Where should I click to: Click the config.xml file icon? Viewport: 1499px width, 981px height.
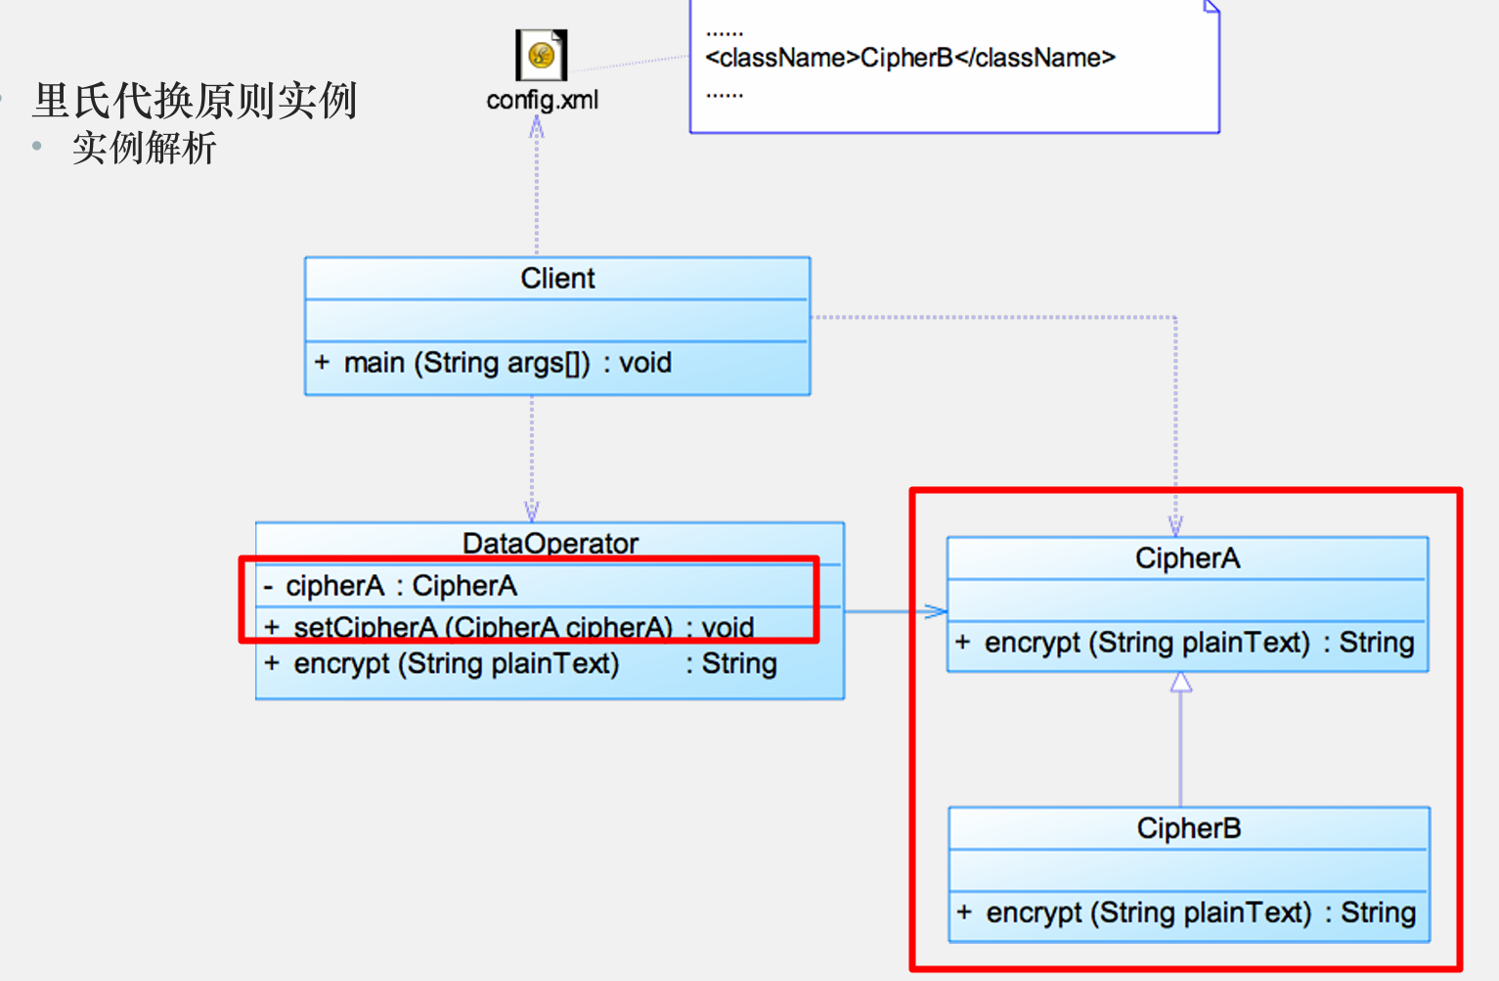pos(541,55)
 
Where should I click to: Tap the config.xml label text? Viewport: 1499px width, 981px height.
pos(542,100)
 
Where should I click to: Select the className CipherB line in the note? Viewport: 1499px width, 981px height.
pos(909,58)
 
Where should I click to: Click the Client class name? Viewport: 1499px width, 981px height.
pos(557,279)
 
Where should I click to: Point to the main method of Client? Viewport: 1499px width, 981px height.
pos(493,363)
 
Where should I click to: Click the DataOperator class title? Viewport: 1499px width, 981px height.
pos(550,543)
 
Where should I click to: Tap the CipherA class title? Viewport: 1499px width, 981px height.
pos(1187,558)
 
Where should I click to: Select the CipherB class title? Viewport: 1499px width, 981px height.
pos(1188,828)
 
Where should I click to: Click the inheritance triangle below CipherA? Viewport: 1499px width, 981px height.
pos(1181,682)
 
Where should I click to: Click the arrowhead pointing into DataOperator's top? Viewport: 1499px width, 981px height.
pos(532,512)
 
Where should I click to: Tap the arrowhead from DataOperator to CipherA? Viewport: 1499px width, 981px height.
pos(936,611)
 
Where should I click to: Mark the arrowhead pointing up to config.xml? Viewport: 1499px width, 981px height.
pos(536,127)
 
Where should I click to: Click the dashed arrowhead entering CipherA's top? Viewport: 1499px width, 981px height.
pos(1175,526)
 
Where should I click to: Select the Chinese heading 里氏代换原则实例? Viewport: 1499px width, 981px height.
pos(195,101)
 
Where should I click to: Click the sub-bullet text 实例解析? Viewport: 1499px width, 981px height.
pos(144,149)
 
